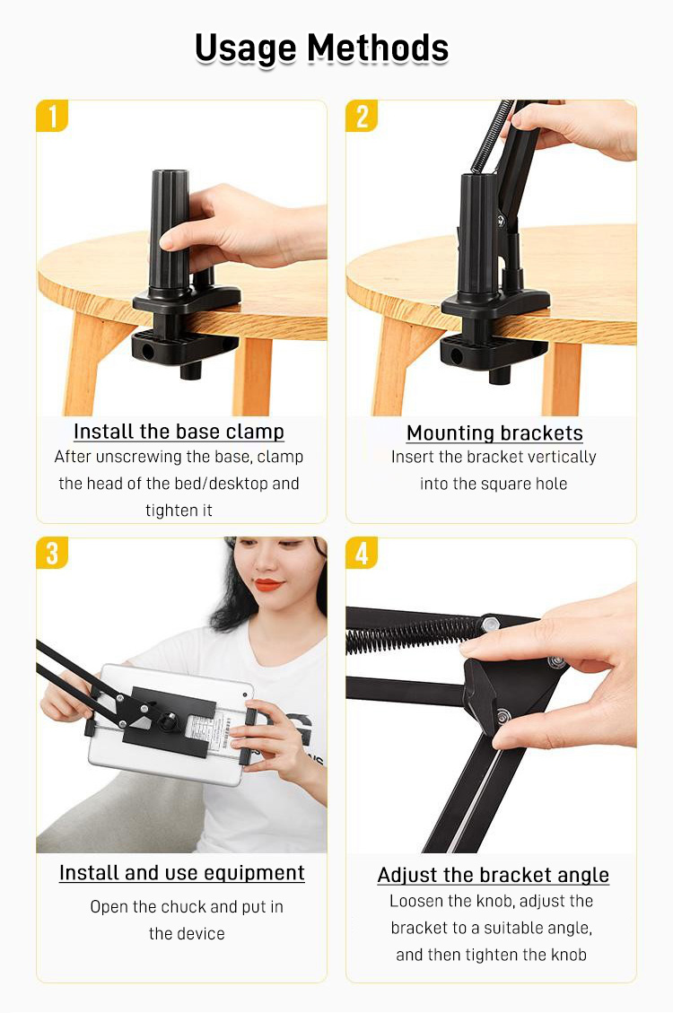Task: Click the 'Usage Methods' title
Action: pos(321,49)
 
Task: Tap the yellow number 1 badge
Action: pos(52,117)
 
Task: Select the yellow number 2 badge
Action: pos(363,117)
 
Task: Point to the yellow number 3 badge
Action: pos(52,554)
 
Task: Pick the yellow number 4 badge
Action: pos(363,554)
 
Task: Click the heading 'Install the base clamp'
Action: pos(179,432)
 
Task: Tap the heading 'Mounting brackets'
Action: pos(494,432)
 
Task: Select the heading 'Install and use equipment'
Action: pos(181,873)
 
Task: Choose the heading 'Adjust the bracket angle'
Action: pos(494,875)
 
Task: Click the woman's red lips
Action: pos(268,585)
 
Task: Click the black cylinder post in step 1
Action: pos(170,232)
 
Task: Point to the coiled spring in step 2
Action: pos(492,135)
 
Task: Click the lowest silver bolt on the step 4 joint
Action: pos(502,716)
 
